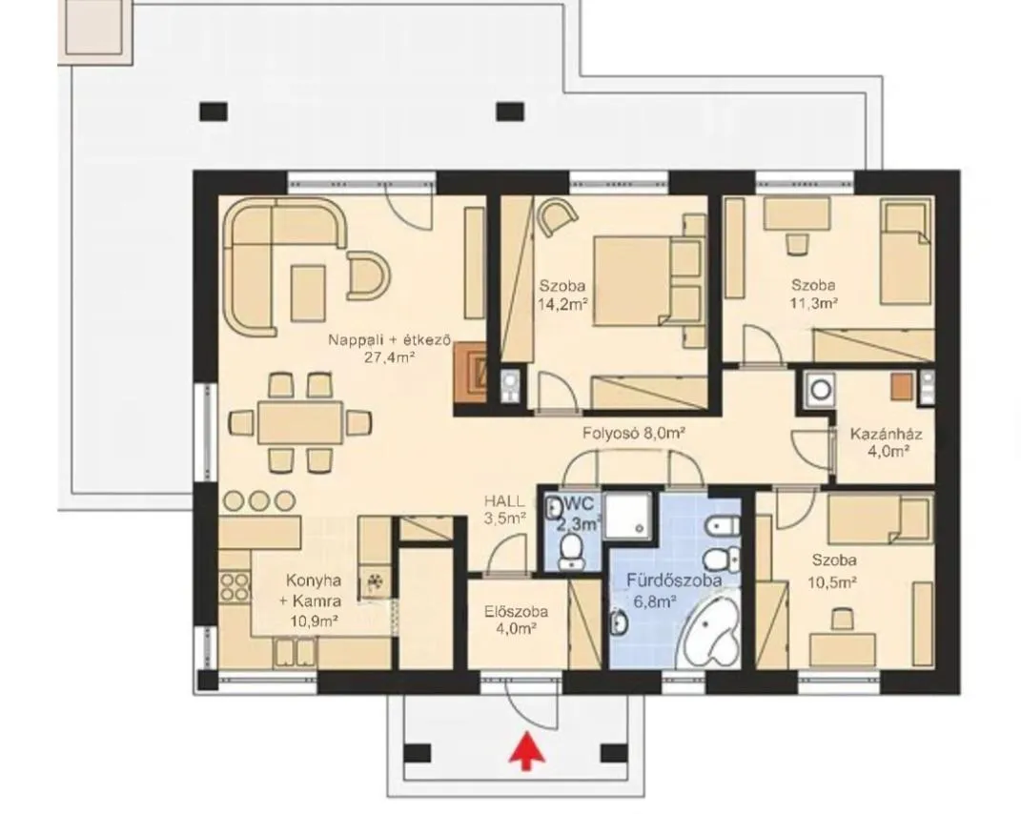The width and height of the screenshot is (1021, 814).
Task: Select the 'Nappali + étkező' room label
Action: click(389, 340)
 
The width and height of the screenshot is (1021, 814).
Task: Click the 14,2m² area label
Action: click(563, 303)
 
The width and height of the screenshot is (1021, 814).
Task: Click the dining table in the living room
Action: click(300, 422)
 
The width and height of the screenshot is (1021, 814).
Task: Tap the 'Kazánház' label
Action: click(887, 435)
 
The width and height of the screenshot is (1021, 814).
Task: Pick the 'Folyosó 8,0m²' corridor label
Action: click(634, 433)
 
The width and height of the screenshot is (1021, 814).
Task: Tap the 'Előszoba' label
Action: click(516, 612)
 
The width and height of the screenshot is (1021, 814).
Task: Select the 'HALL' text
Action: click(504, 501)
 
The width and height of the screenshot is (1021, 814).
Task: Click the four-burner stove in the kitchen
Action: click(235, 586)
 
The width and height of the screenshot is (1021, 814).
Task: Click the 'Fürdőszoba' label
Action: click(674, 580)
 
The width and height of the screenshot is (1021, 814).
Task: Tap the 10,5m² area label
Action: click(832, 582)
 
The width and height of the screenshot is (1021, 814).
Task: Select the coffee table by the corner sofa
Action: click(308, 293)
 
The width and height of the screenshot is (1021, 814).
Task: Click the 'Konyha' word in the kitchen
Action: click(314, 580)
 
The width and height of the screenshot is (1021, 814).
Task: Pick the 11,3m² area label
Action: click(814, 303)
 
